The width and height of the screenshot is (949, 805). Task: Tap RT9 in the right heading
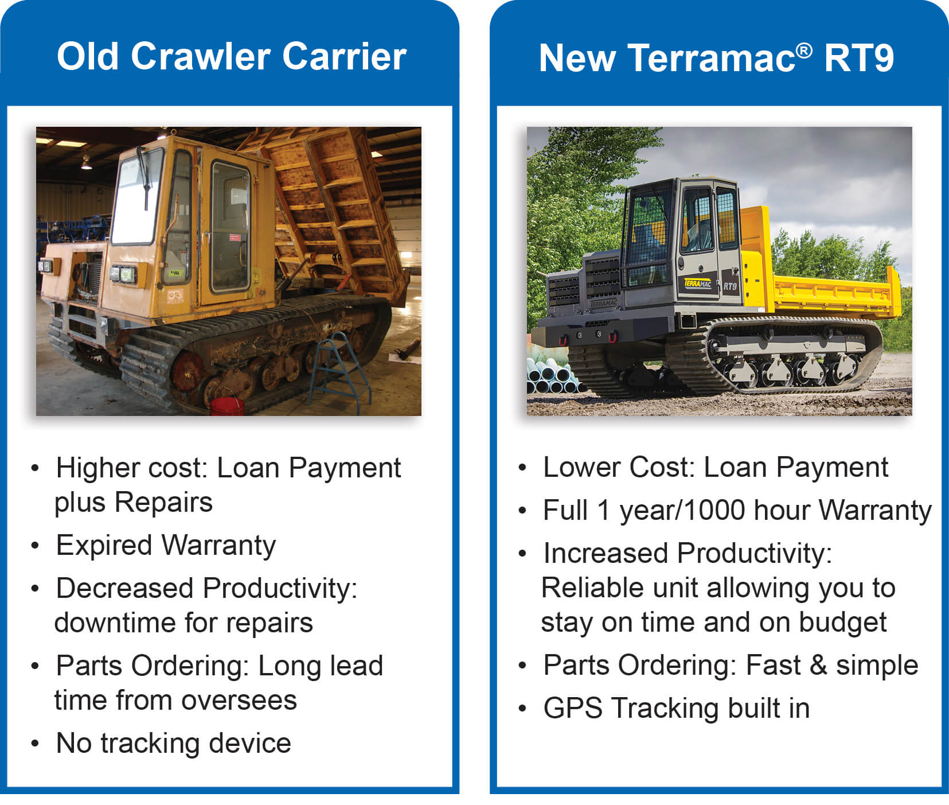[x=858, y=58]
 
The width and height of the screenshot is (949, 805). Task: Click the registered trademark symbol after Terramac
[x=804, y=50]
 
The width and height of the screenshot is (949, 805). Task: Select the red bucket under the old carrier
[x=227, y=405]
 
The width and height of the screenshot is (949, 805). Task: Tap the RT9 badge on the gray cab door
[x=730, y=286]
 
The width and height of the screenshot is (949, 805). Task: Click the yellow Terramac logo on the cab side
[x=697, y=283]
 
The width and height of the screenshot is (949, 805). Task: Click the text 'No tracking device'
[x=173, y=743]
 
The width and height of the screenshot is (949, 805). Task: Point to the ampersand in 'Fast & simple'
[x=818, y=666]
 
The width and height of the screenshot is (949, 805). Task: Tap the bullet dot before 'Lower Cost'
[x=522, y=468]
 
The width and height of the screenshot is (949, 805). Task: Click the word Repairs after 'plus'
[x=163, y=502]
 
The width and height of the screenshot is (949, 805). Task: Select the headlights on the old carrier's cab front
[x=123, y=274]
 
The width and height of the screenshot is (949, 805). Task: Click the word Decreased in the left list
[x=124, y=588]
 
